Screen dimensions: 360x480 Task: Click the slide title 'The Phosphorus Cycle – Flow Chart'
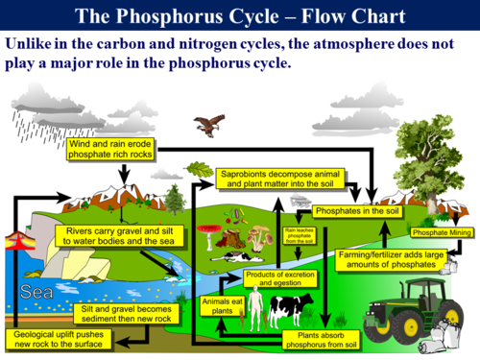[239, 16]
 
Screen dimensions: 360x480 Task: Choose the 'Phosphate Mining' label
[441, 232]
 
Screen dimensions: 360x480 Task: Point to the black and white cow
[288, 309]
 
